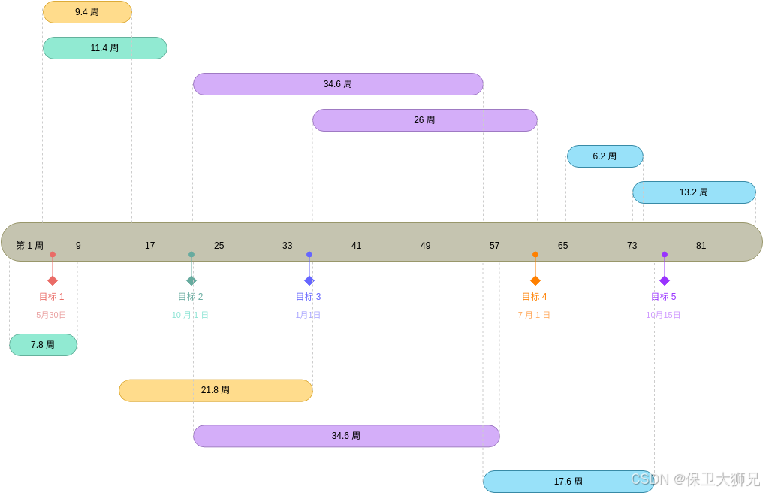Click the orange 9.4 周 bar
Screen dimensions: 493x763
coord(87,12)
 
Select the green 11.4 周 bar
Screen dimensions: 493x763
coord(104,48)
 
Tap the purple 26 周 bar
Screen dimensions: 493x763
coord(424,120)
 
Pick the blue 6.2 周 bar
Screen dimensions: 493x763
coord(605,156)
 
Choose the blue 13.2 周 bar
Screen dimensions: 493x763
coord(694,192)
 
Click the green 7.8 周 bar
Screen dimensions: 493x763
coord(43,345)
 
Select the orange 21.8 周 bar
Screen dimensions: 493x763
coord(216,390)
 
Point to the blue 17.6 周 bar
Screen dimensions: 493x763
coord(568,482)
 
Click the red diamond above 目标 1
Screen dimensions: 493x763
coord(53,280)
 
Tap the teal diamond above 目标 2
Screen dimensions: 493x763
coord(192,280)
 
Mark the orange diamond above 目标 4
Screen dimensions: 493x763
coord(535,280)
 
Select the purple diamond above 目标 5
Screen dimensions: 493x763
coord(665,280)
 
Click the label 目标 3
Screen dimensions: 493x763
coord(308,297)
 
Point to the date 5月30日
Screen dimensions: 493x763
coord(52,315)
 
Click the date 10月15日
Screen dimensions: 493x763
coord(663,315)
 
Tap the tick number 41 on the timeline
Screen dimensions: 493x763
coord(357,246)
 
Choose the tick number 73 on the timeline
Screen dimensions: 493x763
coord(632,246)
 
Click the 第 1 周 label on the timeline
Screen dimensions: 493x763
coord(30,246)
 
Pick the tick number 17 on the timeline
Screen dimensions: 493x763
coord(150,246)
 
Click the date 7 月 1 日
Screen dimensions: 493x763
coord(534,315)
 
